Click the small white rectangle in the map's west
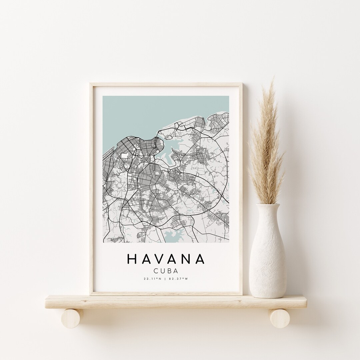125,155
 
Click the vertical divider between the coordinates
166,279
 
